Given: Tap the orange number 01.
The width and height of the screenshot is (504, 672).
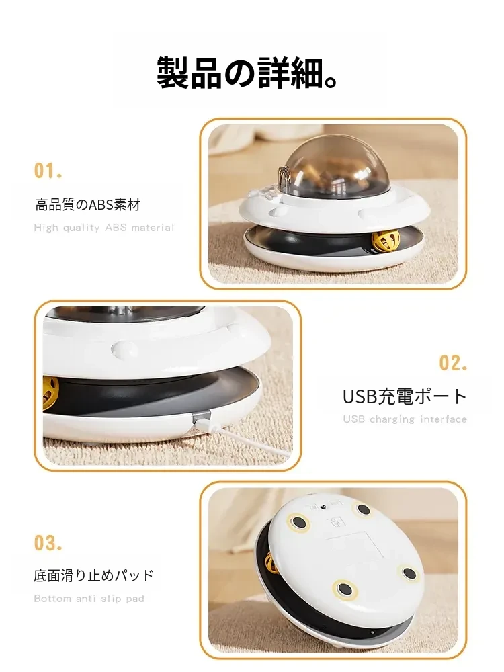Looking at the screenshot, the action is [x=48, y=171].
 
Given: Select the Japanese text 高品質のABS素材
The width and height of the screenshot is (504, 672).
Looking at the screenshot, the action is [x=88, y=205].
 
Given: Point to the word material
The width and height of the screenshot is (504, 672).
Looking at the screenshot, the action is [x=153, y=228].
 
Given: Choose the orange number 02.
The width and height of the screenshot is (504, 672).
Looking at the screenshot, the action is [x=452, y=363].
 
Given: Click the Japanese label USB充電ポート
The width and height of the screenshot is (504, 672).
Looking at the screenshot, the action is [x=405, y=396].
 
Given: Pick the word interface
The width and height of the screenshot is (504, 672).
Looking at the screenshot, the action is [x=444, y=419].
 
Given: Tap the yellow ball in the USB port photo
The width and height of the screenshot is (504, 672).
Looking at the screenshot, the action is [x=51, y=392].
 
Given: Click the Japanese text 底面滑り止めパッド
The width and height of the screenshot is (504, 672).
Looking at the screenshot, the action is [x=93, y=575].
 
